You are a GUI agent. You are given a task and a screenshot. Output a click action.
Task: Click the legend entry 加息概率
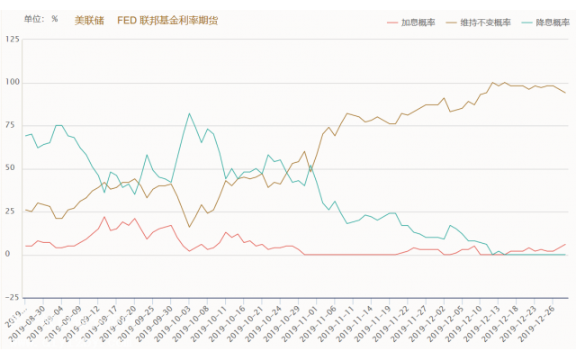point(418,21)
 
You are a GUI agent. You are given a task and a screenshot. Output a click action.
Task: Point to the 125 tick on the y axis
point(12,40)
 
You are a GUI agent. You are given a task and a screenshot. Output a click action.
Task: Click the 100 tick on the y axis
point(12,83)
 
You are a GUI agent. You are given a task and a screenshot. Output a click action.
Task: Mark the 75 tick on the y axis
point(13,125)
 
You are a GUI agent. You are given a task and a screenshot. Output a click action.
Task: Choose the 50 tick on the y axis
point(13,168)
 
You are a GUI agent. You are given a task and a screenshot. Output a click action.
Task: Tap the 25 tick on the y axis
point(13,211)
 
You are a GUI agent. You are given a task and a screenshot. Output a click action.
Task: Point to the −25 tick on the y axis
point(11,297)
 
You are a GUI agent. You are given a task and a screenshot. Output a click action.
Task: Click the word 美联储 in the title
point(86,20)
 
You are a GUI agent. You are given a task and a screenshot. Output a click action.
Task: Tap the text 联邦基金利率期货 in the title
point(181,20)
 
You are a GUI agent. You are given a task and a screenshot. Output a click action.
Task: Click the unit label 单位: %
point(40,19)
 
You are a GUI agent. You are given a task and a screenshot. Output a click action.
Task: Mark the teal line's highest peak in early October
point(189,113)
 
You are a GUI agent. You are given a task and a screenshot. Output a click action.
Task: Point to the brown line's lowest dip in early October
point(189,227)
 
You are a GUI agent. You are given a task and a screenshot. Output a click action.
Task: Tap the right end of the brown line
point(565,93)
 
